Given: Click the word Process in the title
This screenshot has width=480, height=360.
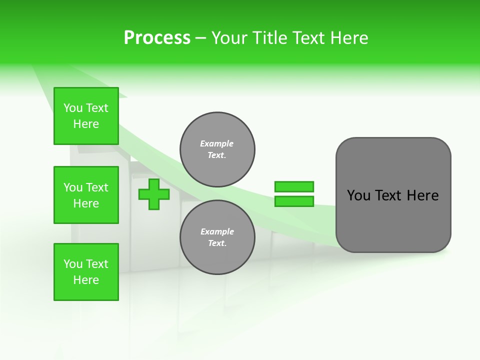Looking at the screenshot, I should (x=157, y=38).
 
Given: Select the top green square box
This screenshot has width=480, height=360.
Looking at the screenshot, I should (x=86, y=116).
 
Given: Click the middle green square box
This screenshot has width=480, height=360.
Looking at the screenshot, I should (x=86, y=195).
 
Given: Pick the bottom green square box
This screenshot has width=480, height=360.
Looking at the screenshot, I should (x=86, y=272).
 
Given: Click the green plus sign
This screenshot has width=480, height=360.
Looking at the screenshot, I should (x=154, y=194).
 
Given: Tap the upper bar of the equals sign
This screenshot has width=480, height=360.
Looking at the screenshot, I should (x=294, y=186).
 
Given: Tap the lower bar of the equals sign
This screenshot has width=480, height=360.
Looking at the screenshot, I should (x=294, y=201).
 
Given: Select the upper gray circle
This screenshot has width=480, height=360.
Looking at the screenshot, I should (x=217, y=149).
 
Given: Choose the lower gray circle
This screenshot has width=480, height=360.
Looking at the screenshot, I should (x=217, y=237).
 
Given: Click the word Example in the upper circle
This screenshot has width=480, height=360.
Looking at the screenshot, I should (x=216, y=143).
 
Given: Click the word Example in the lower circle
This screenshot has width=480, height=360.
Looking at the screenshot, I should (x=217, y=231).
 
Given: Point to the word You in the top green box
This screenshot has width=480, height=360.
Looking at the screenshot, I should (x=73, y=108).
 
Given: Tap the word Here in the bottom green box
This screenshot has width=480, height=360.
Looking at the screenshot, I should (x=86, y=280).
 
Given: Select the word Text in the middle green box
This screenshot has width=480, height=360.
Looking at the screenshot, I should (x=97, y=187).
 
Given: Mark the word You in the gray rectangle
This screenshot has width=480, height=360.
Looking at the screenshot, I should (x=358, y=195).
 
